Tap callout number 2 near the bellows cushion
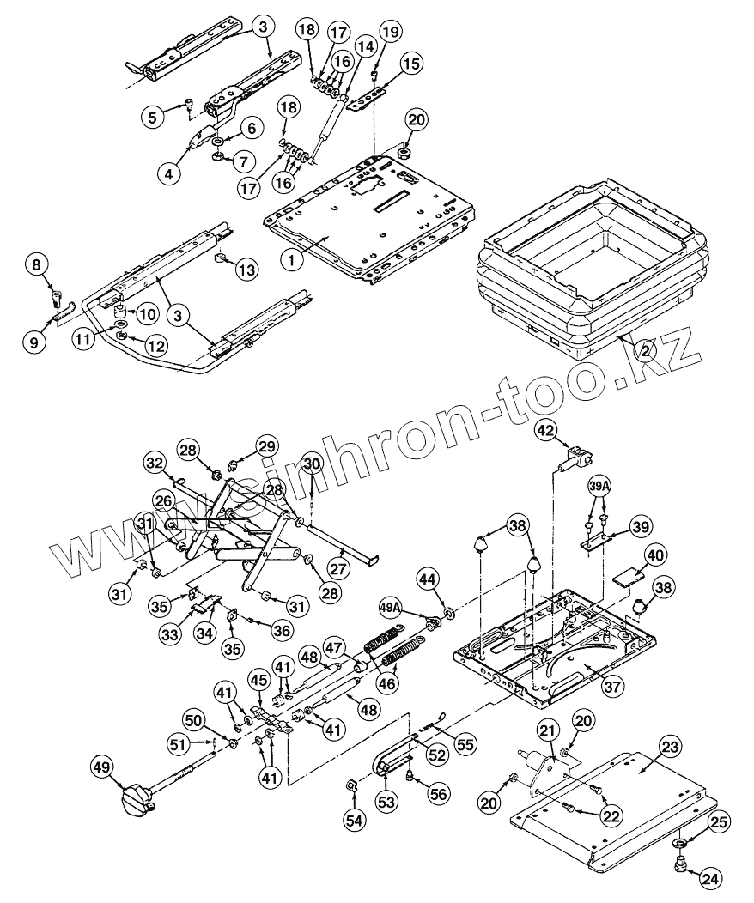pos(645,350)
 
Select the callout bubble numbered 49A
pos(391,608)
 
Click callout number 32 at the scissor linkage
pos(155,464)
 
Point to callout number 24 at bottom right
pos(710,877)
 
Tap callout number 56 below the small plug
pos(439,795)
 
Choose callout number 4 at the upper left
pos(168,172)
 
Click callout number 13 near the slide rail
pos(246,270)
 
